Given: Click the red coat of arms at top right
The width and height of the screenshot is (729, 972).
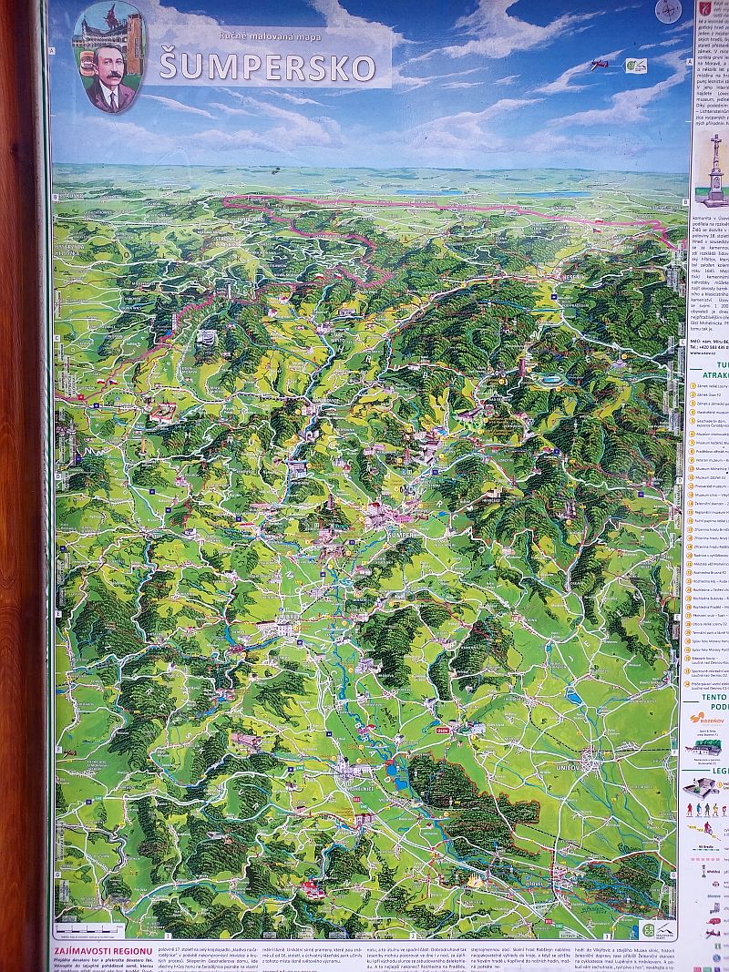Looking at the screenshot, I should (703, 9).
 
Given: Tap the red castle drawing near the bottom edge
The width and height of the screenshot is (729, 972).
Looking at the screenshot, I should (315, 887).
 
